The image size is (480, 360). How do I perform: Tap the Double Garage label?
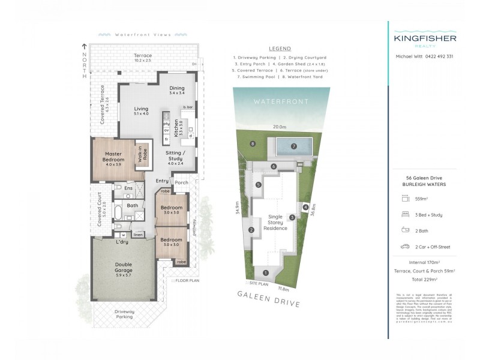coord(124,268)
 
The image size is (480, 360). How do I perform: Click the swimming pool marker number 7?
coord(294,146)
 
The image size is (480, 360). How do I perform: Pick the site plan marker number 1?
coord(265,274)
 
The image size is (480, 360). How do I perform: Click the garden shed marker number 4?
coord(305,208)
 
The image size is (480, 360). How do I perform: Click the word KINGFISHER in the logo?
coord(425,38)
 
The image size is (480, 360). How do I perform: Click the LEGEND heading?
coord(280,49)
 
